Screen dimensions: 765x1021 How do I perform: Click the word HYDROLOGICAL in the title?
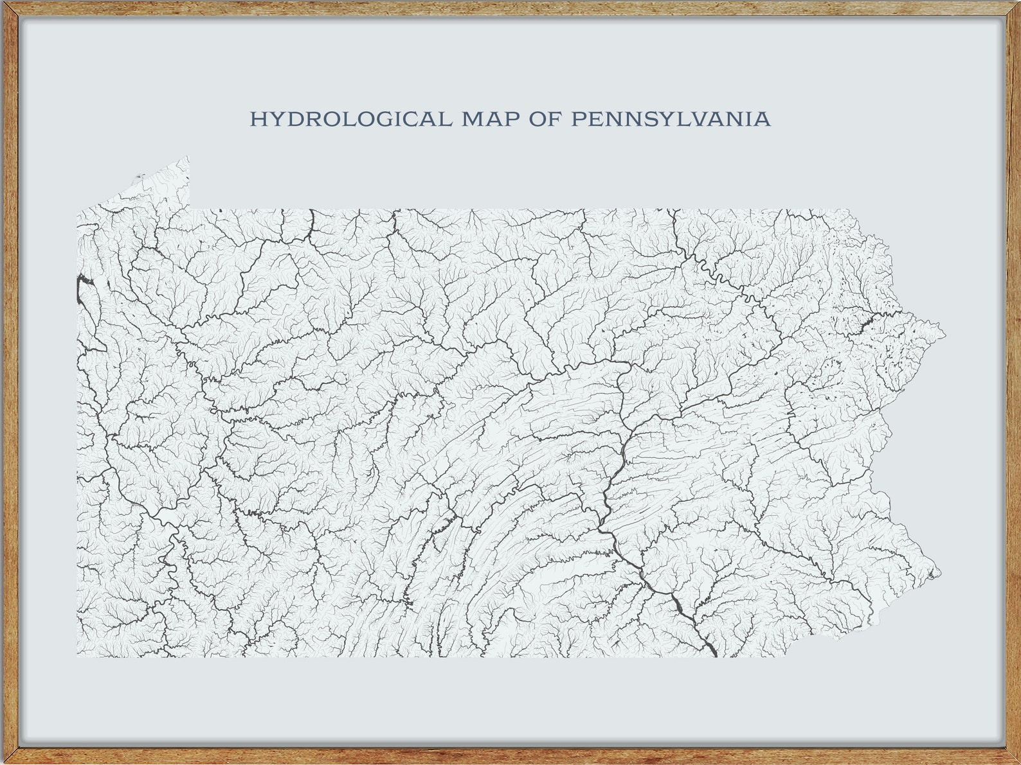[x=350, y=119]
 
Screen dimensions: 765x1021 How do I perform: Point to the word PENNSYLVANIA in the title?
[x=671, y=119]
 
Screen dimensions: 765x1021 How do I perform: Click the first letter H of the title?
[x=257, y=119]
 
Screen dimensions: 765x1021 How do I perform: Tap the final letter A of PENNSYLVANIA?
[x=763, y=119]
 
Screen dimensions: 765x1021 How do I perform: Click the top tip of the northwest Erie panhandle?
[x=188, y=156]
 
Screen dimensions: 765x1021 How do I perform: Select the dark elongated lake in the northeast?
[x=865, y=321]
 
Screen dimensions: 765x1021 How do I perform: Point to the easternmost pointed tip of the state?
[x=945, y=333]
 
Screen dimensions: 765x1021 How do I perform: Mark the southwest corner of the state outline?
[x=78, y=656]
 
